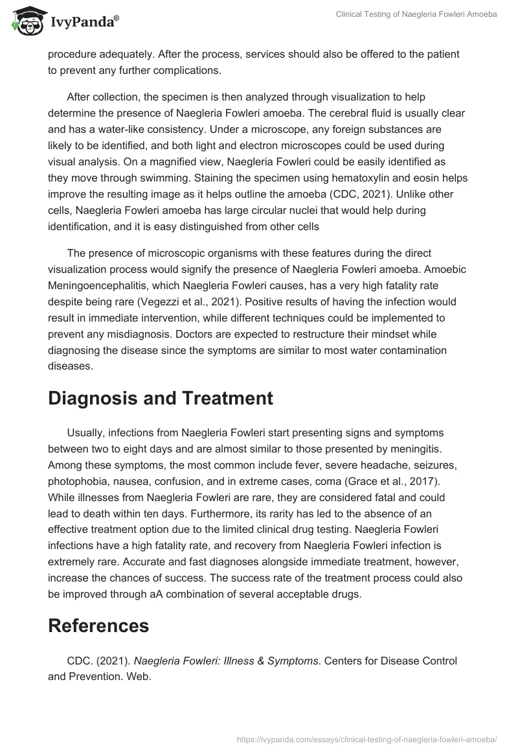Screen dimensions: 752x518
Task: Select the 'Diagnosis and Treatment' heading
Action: (161, 397)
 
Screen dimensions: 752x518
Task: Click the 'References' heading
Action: (98, 625)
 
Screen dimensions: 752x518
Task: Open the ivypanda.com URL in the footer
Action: (368, 738)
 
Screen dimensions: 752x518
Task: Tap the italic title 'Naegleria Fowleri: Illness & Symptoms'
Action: (226, 661)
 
